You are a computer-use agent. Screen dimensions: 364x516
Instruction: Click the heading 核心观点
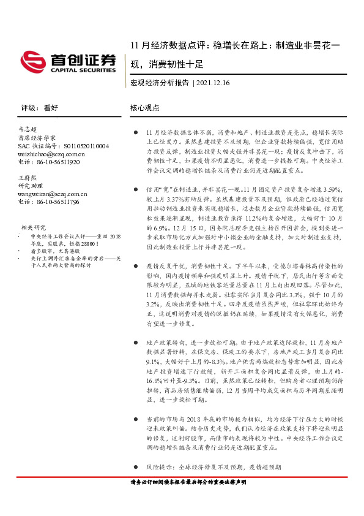[x=144, y=107]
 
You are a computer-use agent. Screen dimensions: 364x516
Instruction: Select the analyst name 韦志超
[x=28, y=131]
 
